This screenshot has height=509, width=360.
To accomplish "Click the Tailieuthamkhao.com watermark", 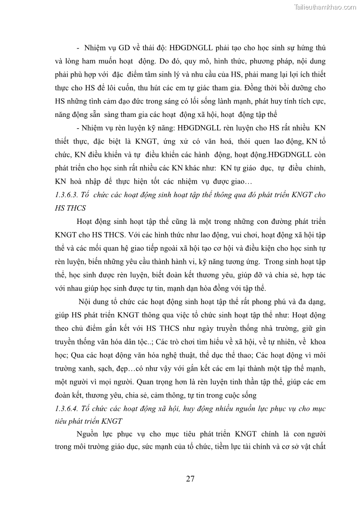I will click(x=325, y=6).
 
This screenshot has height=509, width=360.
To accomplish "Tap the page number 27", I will click(x=190, y=479).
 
